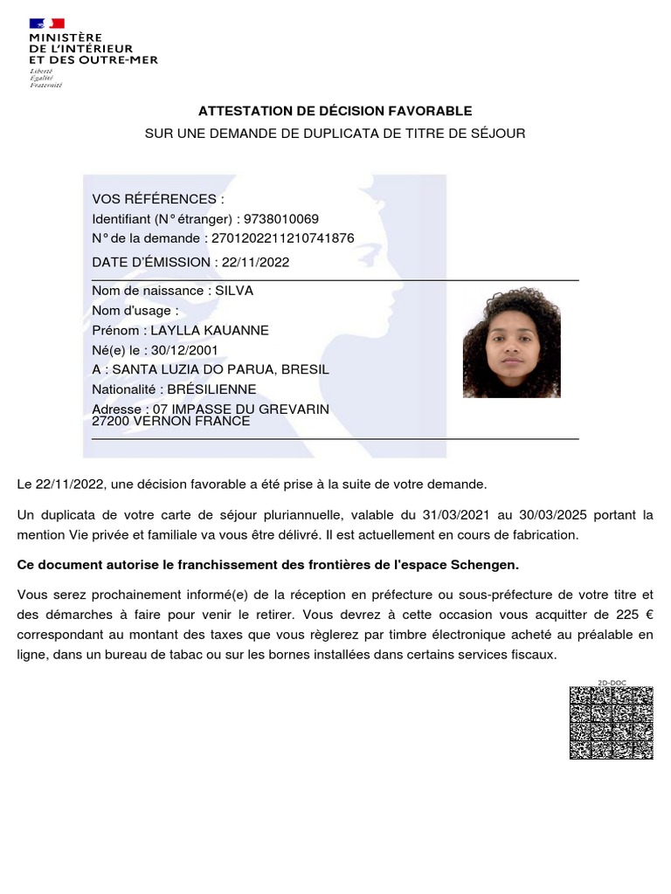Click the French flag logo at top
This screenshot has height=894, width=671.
(x=47, y=23)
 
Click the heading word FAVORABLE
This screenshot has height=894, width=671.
(x=433, y=111)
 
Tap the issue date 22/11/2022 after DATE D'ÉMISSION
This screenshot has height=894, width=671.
(x=255, y=262)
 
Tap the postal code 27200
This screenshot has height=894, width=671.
(x=110, y=421)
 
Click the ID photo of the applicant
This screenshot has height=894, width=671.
(x=511, y=343)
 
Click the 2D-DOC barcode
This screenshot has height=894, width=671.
(x=612, y=722)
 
